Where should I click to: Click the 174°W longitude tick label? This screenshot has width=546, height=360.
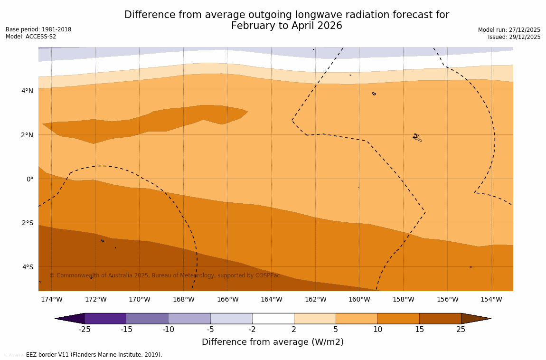tap(51, 299)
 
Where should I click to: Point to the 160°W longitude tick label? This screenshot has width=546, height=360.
tap(359, 299)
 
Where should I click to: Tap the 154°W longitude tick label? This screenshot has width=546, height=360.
tap(491, 299)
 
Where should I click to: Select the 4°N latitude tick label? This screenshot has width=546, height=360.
tap(28, 91)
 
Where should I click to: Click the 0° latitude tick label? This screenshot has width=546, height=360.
tap(30, 179)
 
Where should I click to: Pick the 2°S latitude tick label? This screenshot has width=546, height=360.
tap(28, 223)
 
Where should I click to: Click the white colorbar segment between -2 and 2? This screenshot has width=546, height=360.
tap(273, 318)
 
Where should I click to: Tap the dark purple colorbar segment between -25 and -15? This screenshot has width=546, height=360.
tap(105, 318)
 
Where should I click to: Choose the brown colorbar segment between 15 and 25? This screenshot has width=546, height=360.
tap(440, 318)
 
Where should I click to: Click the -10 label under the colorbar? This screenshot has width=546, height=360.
tap(169, 329)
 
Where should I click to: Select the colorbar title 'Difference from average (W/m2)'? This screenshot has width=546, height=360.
tap(273, 342)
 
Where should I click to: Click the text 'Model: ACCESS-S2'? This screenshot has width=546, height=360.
tap(31, 37)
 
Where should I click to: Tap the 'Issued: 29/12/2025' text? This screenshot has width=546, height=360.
tap(514, 37)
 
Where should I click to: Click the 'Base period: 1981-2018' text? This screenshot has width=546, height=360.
tap(38, 29)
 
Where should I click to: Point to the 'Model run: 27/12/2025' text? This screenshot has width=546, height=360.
tap(509, 29)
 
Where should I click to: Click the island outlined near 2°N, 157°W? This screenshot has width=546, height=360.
tap(417, 138)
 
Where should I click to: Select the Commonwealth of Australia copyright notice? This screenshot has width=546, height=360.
tap(165, 275)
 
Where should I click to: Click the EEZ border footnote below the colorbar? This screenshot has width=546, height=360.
tap(84, 355)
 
